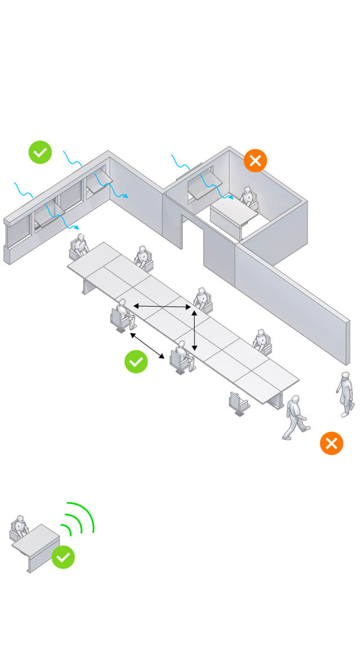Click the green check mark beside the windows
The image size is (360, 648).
pos(40,152)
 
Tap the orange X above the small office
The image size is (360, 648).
pos(255,161)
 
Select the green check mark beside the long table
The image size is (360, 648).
pos(136,361)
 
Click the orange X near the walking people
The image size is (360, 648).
pos(331,443)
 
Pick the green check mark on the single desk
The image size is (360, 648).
pos(63,557)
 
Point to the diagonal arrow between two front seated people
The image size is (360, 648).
pos(147,345)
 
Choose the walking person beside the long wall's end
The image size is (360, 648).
pos(345,393)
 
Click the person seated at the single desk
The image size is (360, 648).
pos(20,527)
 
